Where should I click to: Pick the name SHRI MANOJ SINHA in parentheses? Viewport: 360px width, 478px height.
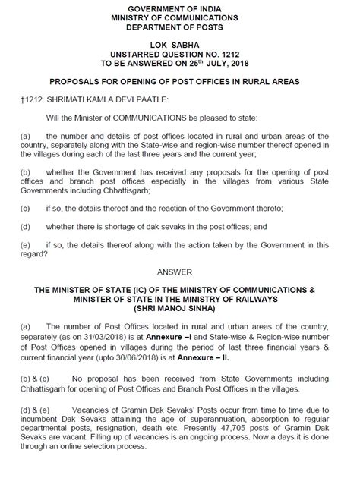click(180, 309)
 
